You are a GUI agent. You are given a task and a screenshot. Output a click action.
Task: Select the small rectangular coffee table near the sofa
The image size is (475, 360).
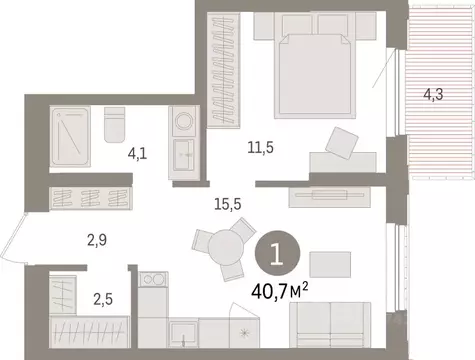pyautogui.click(x=330, y=263)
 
